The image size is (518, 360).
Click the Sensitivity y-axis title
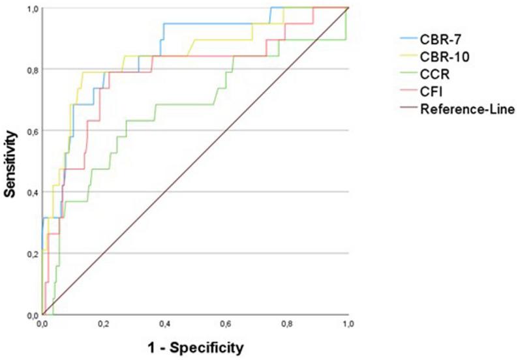tap(11, 161)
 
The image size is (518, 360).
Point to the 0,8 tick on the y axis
tap(31, 70)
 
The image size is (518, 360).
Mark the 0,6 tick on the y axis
tap(31, 131)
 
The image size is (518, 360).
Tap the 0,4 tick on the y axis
tap(31, 192)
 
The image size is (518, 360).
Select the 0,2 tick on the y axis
tap(31, 254)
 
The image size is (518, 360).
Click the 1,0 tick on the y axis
tap(31, 8)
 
